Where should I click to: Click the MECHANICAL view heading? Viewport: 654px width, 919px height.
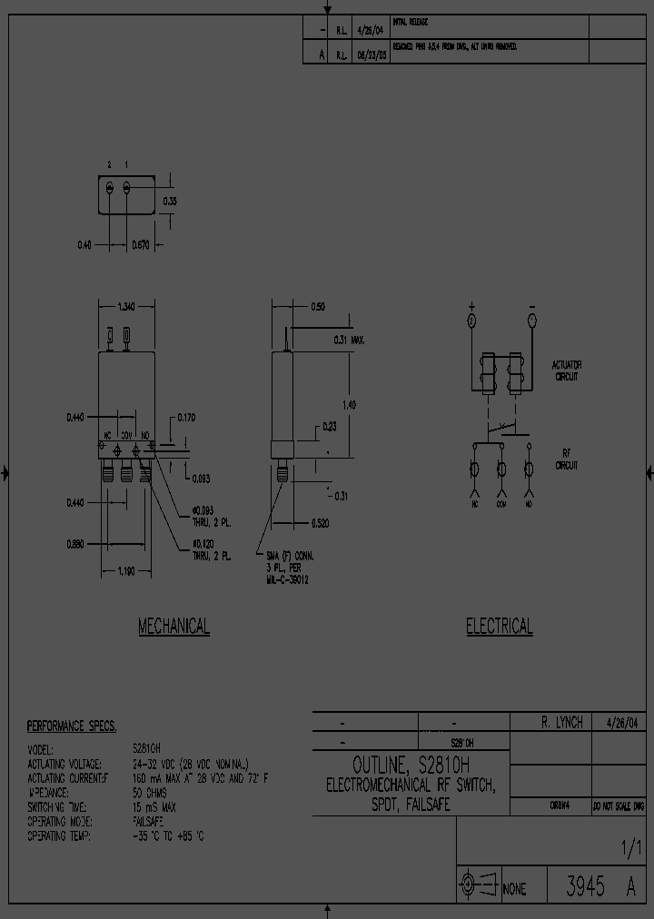(173, 626)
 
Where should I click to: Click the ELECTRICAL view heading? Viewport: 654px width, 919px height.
(499, 626)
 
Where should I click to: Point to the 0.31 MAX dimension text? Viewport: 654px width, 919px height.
(349, 340)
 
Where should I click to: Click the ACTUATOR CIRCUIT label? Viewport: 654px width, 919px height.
(566, 370)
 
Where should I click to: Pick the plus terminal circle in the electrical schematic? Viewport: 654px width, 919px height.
(471, 321)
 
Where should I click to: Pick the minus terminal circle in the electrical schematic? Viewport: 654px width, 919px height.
(531, 321)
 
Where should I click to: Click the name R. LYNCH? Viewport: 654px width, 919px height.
(561, 722)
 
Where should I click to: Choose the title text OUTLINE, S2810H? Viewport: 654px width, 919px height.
(411, 764)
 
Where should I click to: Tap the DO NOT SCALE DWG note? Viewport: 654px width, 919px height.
(618, 805)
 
